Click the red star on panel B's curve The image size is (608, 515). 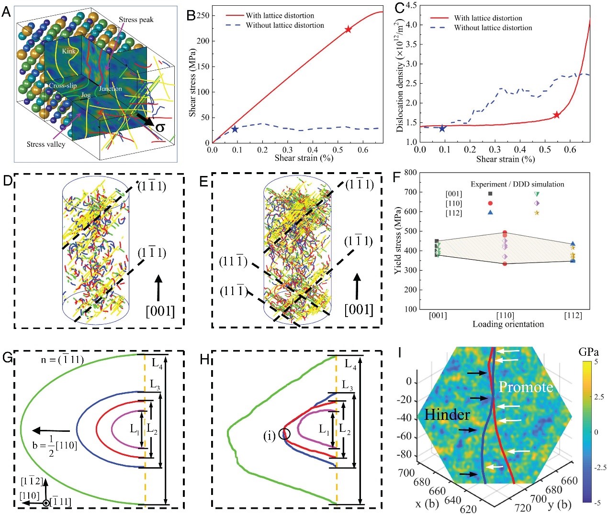[x=348, y=30]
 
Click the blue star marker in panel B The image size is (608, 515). [x=235, y=129]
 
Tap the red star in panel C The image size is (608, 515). [x=556, y=115]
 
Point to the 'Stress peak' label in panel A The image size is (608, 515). [x=136, y=20]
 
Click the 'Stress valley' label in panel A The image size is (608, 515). [x=46, y=144]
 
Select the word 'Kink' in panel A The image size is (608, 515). [x=69, y=51]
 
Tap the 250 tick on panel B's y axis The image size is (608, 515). [x=203, y=15]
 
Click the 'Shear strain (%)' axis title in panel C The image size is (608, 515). [x=505, y=159]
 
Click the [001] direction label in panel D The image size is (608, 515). [x=160, y=311]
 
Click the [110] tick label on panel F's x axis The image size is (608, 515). [x=505, y=315]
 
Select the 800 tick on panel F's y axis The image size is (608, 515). [x=410, y=173]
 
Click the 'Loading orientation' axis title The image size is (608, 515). [x=508, y=324]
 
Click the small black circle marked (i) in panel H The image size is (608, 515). [x=285, y=434]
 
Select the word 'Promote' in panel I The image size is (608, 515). [x=526, y=387]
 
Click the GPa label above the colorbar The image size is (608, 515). [x=589, y=352]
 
